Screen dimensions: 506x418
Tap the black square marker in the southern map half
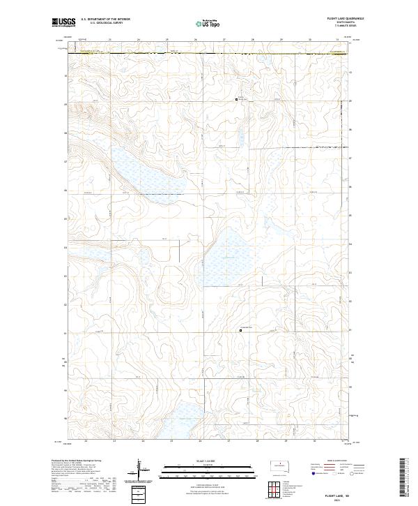point(241,331)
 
